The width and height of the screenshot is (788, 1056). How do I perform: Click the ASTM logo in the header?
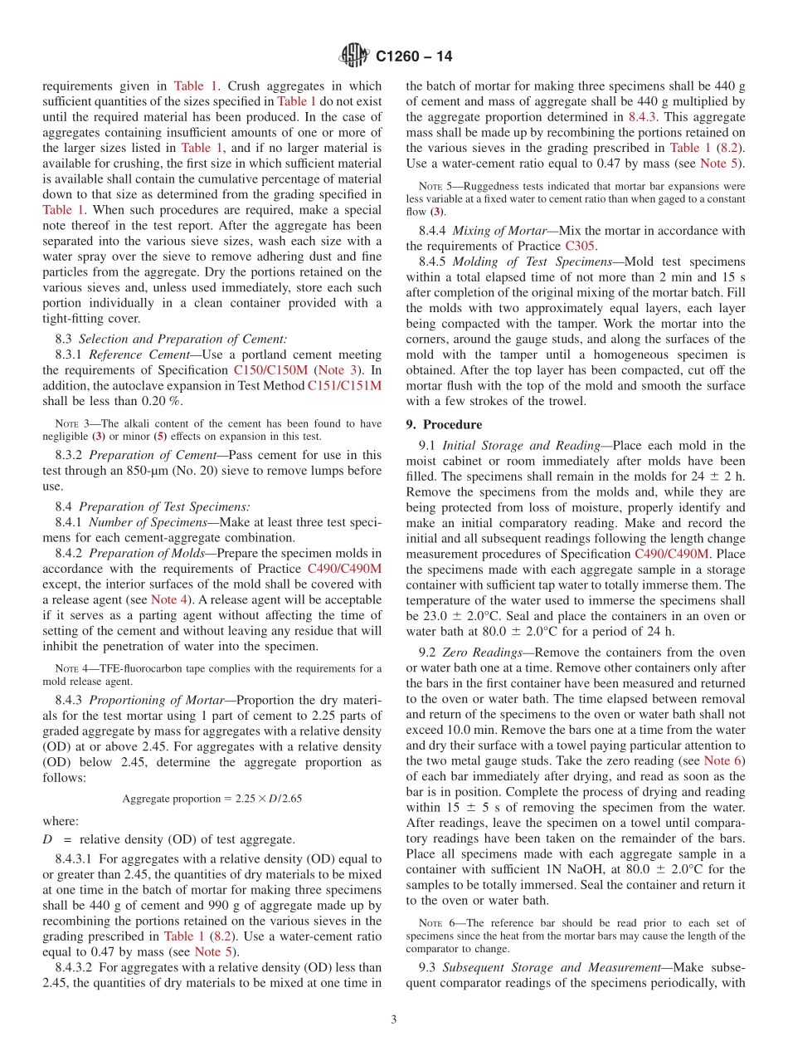(353, 56)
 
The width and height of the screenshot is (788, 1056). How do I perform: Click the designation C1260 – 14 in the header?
(414, 56)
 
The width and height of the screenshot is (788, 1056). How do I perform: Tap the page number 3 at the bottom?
(393, 1019)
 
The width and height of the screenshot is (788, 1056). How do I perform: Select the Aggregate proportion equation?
(212, 798)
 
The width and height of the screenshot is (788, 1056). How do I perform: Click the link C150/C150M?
(270, 369)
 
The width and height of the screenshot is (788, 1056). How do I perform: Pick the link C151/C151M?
(344, 385)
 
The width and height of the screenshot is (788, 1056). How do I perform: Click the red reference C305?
(580, 246)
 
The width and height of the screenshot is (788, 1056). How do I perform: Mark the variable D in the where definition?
(47, 838)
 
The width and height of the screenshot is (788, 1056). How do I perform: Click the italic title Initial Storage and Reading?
(523, 445)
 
